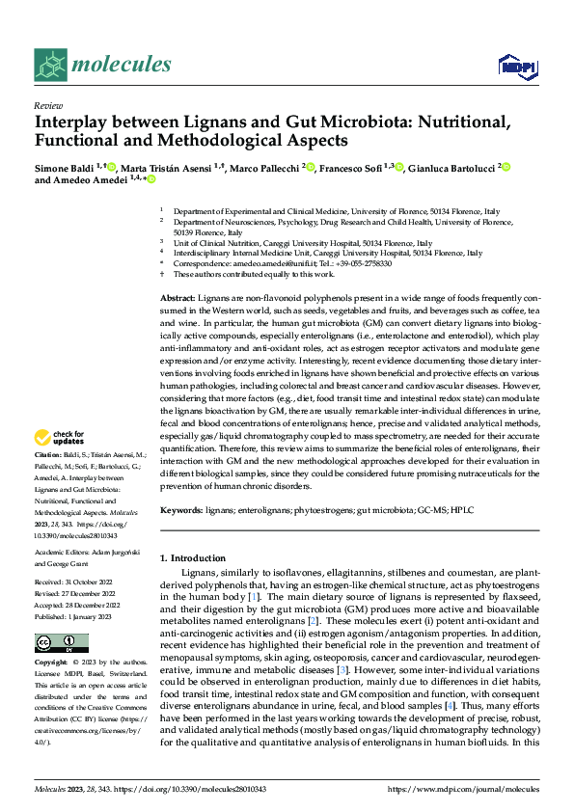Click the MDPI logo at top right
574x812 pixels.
(514, 66)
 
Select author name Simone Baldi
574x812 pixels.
(67, 167)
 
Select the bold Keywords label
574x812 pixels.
(181, 507)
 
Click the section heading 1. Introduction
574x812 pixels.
(193, 558)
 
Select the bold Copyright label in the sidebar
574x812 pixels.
(52, 664)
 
